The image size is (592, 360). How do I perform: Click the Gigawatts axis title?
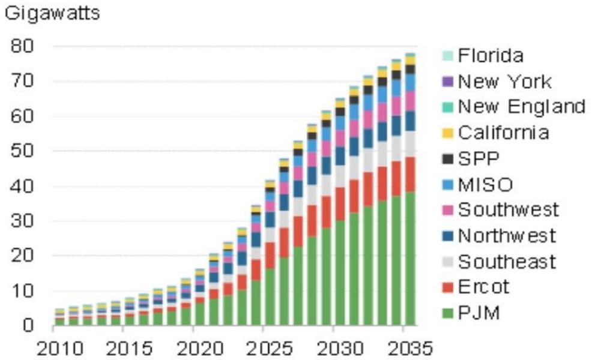[x=51, y=13]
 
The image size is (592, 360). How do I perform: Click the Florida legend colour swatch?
[x=447, y=56]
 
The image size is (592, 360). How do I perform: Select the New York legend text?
[x=504, y=81]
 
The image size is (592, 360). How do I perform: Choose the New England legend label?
[x=521, y=107]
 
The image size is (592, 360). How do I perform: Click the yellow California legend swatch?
[x=447, y=133]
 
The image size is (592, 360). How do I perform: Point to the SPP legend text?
[x=479, y=158]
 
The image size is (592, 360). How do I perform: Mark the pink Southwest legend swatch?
[x=447, y=210]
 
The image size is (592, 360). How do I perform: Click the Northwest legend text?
[x=507, y=236]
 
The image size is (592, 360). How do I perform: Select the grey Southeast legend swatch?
[x=447, y=262]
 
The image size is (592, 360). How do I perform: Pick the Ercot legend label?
[x=483, y=287]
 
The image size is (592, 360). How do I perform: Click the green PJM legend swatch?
[x=447, y=313]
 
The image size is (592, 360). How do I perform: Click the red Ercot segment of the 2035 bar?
[x=411, y=175]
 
